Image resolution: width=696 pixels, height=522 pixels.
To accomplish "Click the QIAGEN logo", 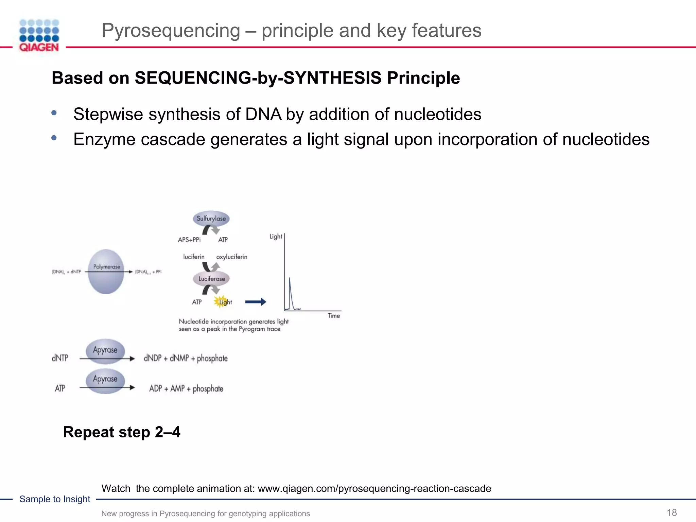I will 39,36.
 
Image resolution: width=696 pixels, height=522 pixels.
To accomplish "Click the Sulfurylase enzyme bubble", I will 211,219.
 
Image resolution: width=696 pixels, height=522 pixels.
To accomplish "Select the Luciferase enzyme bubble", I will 211,279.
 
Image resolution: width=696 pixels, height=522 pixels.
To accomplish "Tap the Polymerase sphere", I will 106,272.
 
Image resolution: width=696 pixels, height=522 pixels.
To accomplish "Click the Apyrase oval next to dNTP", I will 105,350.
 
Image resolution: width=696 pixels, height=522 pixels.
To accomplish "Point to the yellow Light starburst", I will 221,301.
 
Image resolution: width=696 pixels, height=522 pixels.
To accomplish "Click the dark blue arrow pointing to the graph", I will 256,301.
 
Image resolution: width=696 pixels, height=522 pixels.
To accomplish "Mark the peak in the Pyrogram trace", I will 290,279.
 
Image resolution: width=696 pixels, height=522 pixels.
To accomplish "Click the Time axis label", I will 334,316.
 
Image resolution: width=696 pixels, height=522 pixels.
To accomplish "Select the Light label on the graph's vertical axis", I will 276,236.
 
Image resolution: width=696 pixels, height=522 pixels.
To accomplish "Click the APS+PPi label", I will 189,240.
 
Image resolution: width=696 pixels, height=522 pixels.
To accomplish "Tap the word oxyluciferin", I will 232,257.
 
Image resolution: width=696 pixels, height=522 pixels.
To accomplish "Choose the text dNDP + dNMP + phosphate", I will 186,358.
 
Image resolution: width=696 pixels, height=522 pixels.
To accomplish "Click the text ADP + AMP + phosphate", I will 186,388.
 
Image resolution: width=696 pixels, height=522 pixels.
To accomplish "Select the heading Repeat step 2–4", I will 122,432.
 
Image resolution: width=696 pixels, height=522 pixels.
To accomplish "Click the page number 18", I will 672,512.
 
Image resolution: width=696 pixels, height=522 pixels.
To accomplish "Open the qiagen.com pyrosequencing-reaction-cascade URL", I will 374,488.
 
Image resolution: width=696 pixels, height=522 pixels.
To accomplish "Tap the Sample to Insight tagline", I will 55,499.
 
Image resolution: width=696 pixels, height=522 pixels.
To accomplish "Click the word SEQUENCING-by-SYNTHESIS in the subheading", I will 258,78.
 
